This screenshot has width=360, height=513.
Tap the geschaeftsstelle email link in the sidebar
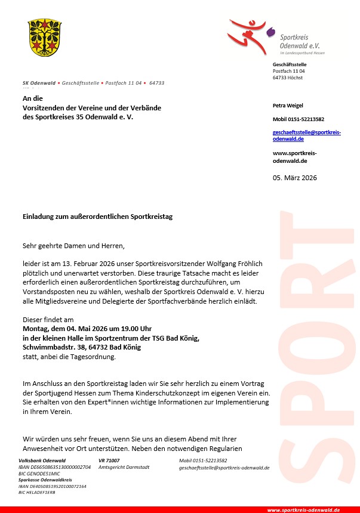point(306,135)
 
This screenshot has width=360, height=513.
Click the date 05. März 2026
point(295,178)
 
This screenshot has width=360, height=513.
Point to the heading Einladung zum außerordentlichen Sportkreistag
point(97,217)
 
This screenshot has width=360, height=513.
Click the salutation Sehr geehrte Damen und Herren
point(74,245)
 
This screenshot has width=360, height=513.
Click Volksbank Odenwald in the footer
point(42,461)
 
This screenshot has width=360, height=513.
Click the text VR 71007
point(109,461)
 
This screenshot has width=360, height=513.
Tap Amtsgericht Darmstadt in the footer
point(124,467)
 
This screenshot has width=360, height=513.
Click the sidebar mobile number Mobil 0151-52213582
point(299,119)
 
